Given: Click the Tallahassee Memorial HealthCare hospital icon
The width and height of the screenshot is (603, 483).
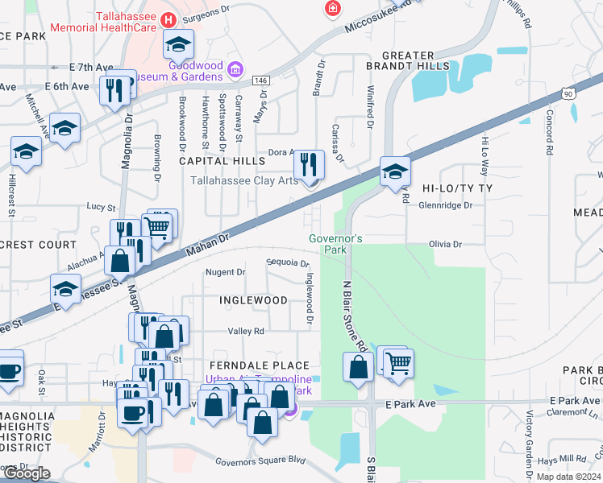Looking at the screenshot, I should [168, 19].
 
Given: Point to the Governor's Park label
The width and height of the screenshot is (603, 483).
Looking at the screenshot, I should [336, 244].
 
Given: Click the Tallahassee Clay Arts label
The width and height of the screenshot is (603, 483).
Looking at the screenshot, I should [243, 180].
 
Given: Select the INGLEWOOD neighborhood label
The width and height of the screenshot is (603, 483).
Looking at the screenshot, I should [253, 300].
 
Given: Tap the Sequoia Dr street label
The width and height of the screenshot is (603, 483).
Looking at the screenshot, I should [288, 263].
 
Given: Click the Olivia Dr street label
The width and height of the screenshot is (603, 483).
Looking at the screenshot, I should [445, 244].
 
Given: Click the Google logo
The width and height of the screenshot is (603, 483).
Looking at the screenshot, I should [27, 473].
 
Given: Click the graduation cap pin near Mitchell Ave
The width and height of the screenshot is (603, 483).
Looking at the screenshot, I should [65, 128].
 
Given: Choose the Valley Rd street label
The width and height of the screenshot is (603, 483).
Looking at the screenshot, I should [246, 331].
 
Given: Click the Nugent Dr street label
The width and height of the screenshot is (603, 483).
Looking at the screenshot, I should [225, 272].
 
